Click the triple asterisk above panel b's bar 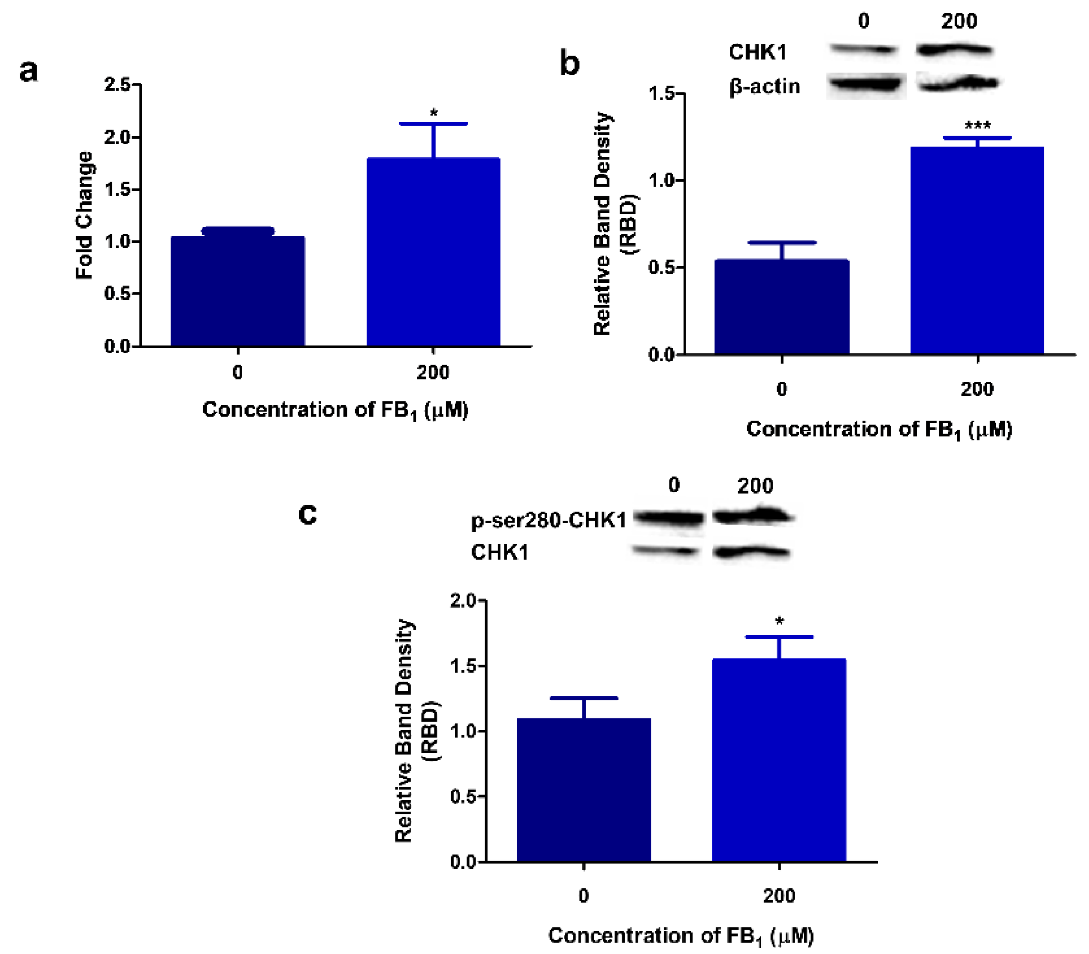(978, 126)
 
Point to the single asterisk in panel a (433, 113)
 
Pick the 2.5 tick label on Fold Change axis (118, 84)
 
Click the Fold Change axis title (85, 215)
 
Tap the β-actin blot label (765, 86)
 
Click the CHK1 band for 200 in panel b (954, 50)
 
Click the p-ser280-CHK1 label (549, 520)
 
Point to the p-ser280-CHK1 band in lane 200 (752, 516)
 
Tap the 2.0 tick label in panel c (463, 600)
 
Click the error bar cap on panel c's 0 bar (584, 697)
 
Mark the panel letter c (307, 514)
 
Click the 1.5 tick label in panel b (661, 94)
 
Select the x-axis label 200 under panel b (977, 389)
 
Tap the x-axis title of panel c (681, 935)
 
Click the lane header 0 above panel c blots (674, 485)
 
